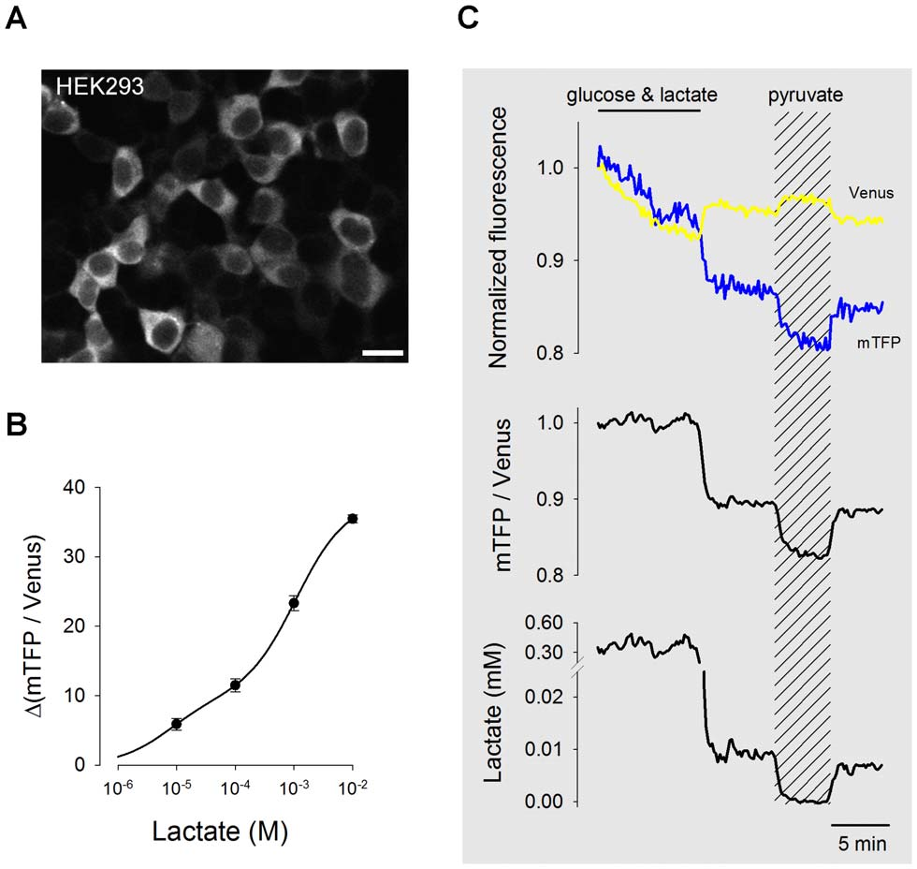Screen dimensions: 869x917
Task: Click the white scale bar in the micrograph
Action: [x=389, y=353]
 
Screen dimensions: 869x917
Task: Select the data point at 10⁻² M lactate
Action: [x=353, y=518]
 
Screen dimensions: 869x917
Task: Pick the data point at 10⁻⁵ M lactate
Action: [x=176, y=724]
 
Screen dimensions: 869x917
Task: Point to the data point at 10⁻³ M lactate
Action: [x=294, y=603]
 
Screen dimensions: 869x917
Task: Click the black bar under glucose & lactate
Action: [x=648, y=110]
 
